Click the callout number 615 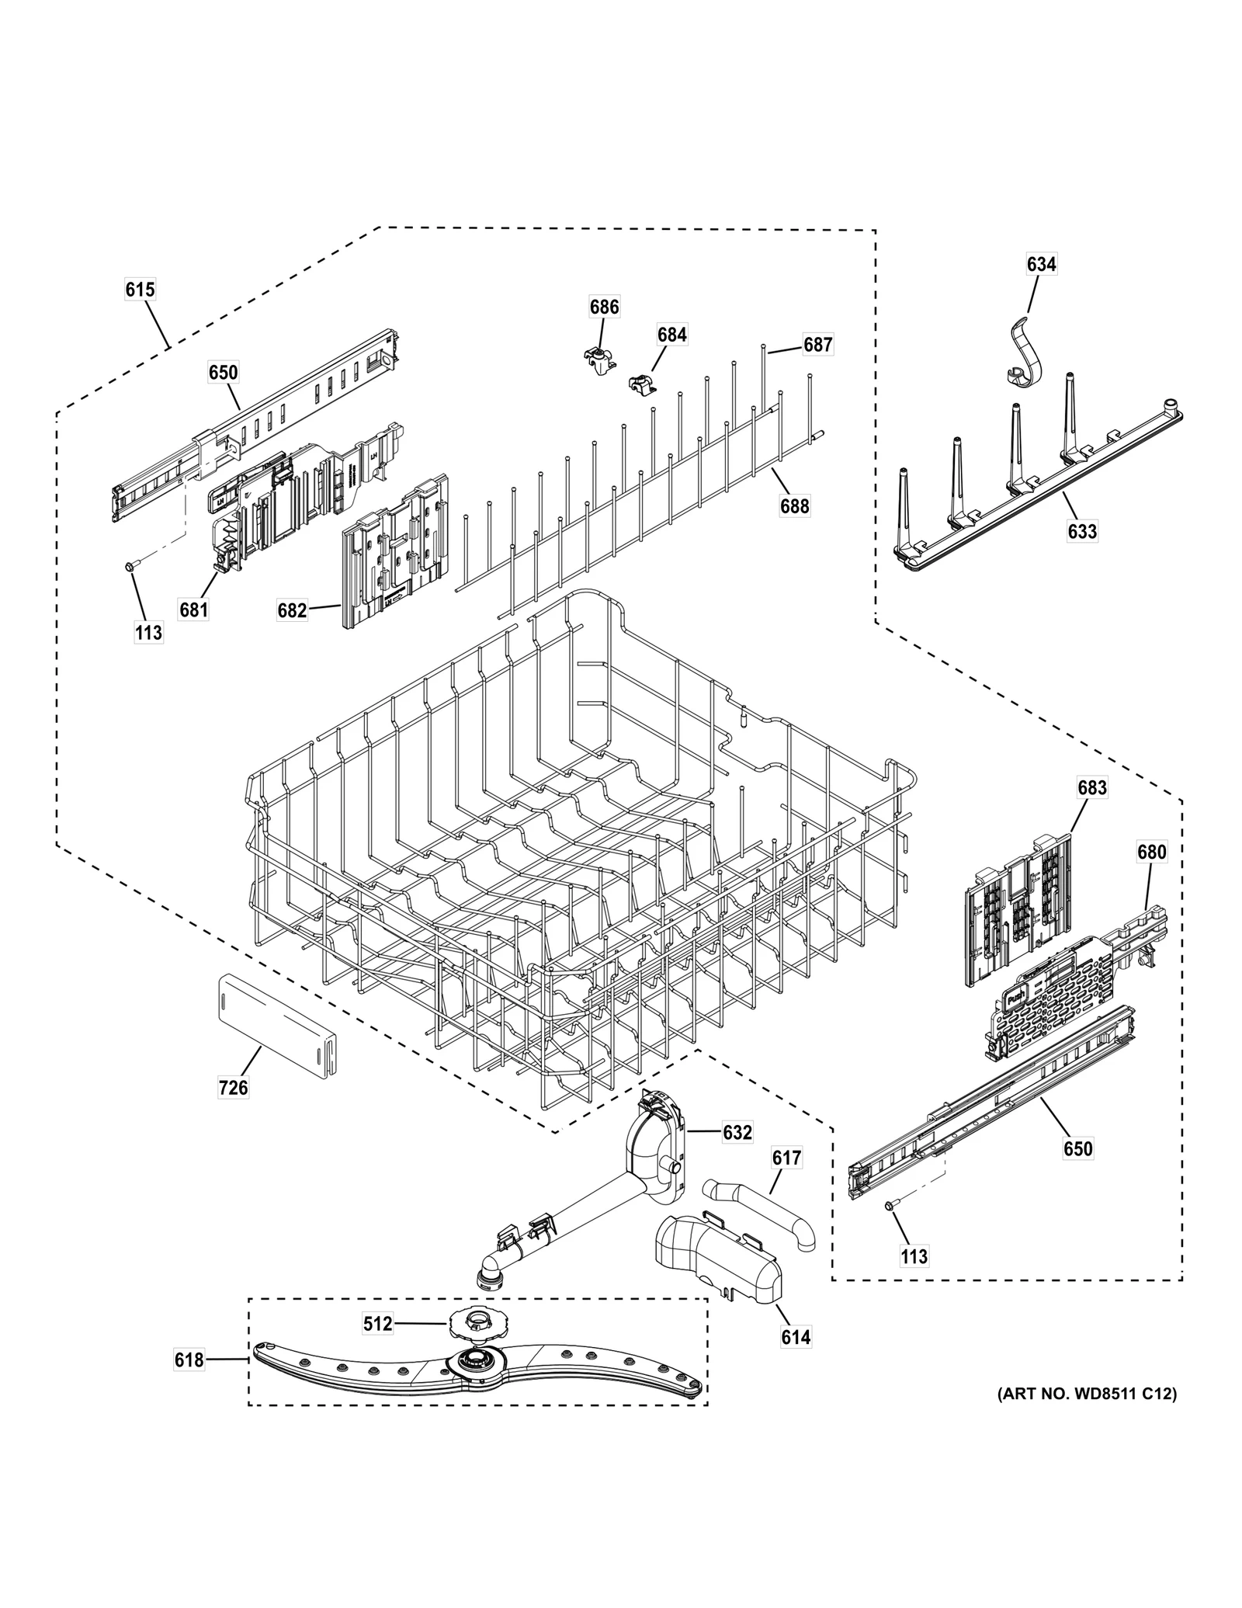coord(140,290)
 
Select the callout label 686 coord(604,307)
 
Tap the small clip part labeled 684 coord(640,384)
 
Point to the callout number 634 coord(1041,264)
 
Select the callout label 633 coord(1082,531)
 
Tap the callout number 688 coord(794,506)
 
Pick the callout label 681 coord(193,610)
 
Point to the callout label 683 coord(1091,787)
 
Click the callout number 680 coord(1151,852)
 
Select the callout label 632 coord(737,1133)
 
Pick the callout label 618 coord(189,1360)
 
